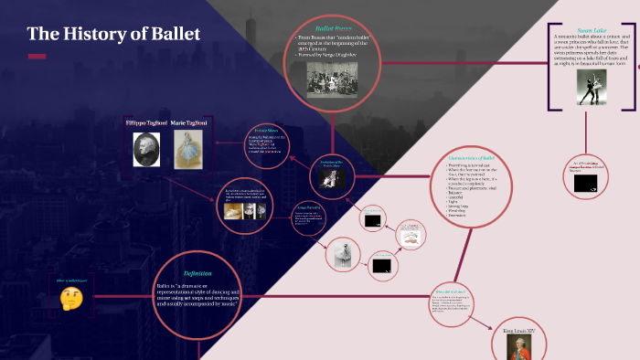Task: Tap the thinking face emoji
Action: pos(71,297)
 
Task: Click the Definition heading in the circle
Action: pos(197,273)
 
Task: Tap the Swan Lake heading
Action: pos(592,29)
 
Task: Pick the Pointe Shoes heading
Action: pos(265,131)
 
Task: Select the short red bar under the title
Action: pos(37,57)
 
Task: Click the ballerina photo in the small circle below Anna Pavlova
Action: pos(341,251)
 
